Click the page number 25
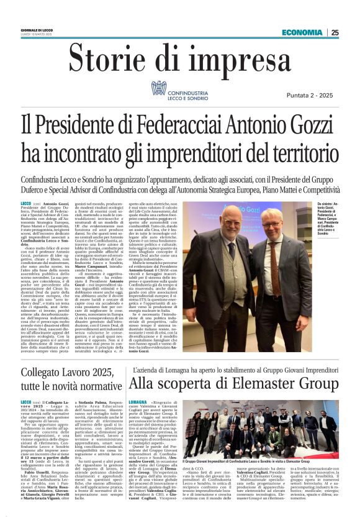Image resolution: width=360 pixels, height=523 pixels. [x=335, y=33]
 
